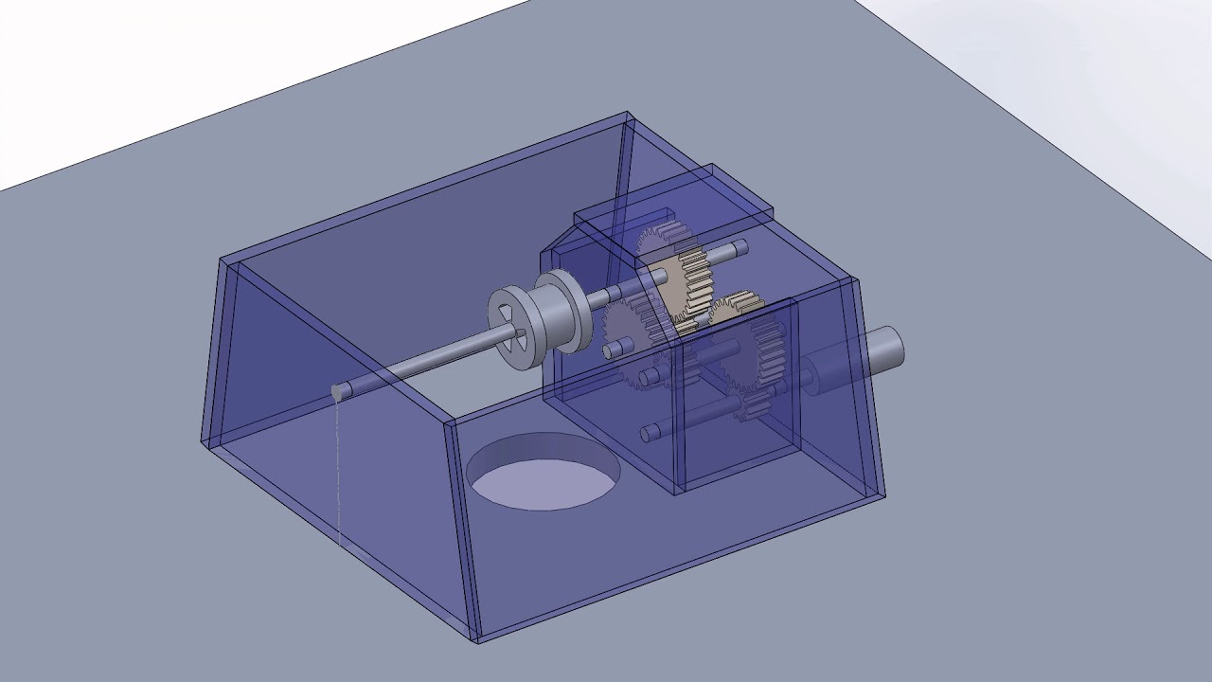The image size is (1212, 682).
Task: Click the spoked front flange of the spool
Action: coord(512,328)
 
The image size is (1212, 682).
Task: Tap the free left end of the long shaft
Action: coord(339,391)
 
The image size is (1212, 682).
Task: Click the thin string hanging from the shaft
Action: coord(338,474)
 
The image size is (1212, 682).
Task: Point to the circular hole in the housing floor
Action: coord(544,471)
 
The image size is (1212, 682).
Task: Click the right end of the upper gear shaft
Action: coord(740,249)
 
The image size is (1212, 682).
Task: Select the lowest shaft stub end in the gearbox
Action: coord(650,433)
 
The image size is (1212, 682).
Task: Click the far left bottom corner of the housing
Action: coord(203,440)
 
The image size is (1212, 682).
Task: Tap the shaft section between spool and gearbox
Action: coord(602,296)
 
